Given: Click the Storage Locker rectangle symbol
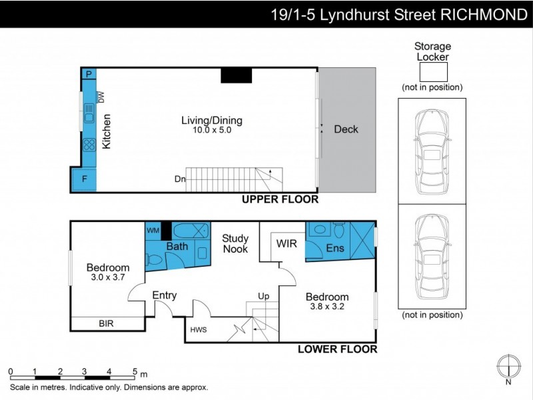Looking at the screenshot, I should (x=432, y=71).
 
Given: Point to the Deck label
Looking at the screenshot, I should (x=346, y=129).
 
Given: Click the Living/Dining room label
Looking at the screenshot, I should (x=212, y=121).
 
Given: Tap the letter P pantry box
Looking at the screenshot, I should (x=88, y=74).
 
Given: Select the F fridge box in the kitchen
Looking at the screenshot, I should (x=83, y=179).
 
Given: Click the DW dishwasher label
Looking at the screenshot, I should (x=102, y=97).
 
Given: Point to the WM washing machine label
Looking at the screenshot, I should (x=153, y=231).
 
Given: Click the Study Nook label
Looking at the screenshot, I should (x=235, y=243).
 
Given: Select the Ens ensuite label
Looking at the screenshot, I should (x=335, y=249).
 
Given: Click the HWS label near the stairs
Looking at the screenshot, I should (x=199, y=329).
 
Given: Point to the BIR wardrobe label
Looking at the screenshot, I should (x=106, y=323).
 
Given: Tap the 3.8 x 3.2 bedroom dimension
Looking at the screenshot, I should (x=326, y=307).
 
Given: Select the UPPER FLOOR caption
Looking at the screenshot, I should (x=280, y=199).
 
